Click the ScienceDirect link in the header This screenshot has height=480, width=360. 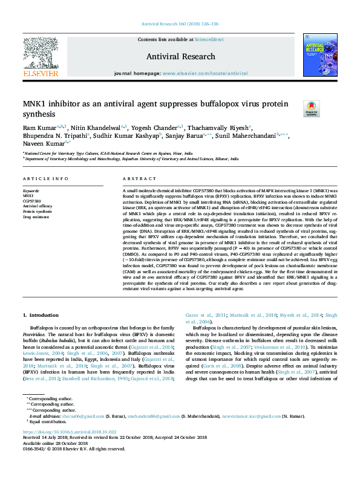point(209,39)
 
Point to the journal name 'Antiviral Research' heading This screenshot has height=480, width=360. point(180,56)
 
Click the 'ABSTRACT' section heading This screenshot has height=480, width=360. point(139,179)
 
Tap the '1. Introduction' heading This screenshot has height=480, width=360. point(41,315)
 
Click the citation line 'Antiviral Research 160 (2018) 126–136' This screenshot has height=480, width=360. point(180,24)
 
